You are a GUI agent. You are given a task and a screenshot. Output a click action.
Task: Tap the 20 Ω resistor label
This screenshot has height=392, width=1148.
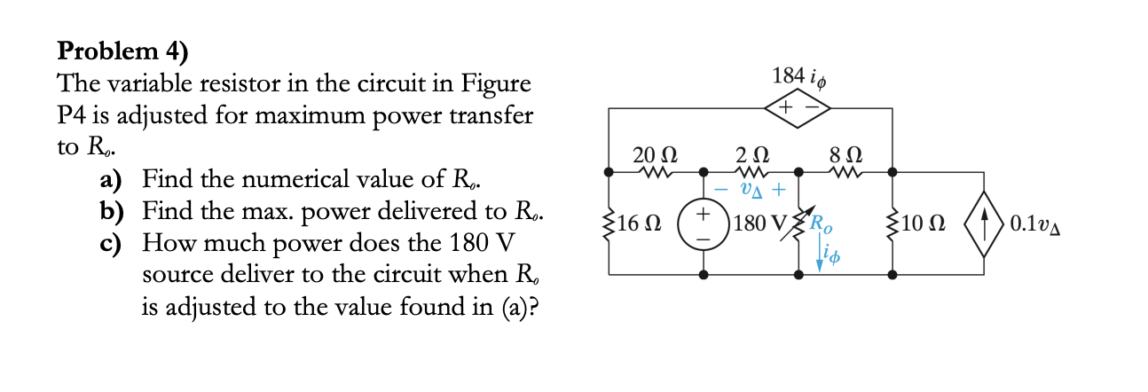(x=653, y=153)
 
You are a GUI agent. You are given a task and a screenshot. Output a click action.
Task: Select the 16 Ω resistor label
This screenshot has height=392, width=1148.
(x=636, y=223)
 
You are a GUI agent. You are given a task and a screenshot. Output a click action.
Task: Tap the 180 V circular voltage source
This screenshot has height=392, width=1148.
(x=706, y=223)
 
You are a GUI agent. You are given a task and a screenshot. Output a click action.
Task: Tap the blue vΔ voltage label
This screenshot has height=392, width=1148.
(x=752, y=189)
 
